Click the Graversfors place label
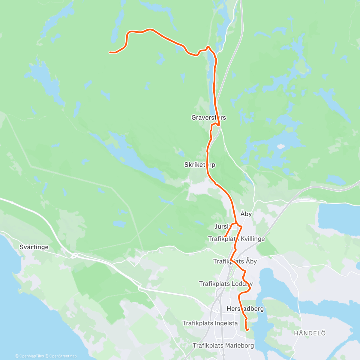click(x=208, y=118)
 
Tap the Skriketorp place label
click(x=199, y=165)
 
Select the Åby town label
click(x=246, y=214)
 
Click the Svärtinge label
click(x=34, y=247)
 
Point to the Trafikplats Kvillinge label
click(x=236, y=239)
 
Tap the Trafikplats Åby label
click(x=235, y=261)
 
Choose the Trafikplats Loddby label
click(x=226, y=283)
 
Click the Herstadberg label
click(x=245, y=309)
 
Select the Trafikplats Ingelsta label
click(x=210, y=323)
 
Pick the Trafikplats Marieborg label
click(x=223, y=346)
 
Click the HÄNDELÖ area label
click(x=310, y=333)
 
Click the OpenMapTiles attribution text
click(x=29, y=356)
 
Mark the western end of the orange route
click(x=110, y=52)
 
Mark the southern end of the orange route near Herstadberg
click(x=248, y=330)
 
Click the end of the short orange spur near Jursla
click(x=225, y=237)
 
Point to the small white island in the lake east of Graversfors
click(x=281, y=146)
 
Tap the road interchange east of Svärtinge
click(x=74, y=255)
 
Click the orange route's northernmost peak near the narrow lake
click(x=208, y=47)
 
